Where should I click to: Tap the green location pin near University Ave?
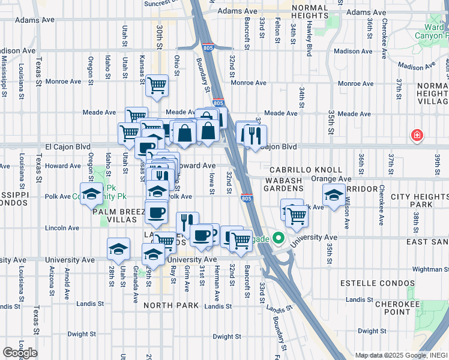(x=277, y=238)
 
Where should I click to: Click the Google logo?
(x=19, y=353)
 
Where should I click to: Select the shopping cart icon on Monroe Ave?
(x=157, y=85)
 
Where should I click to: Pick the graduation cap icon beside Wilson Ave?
(x=334, y=194)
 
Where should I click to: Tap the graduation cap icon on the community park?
(x=91, y=194)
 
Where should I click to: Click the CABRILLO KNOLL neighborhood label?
(x=306, y=170)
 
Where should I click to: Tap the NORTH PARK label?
(x=170, y=305)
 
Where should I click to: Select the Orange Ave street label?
(x=331, y=179)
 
